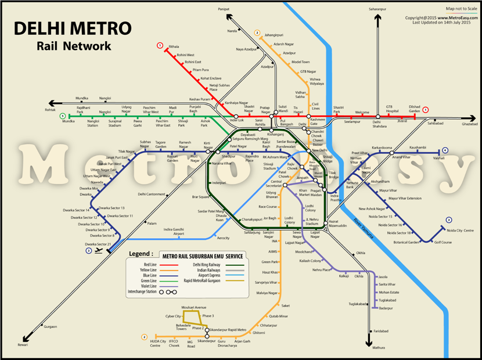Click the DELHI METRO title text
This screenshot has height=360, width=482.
[73, 28]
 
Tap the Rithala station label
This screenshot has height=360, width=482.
[173, 45]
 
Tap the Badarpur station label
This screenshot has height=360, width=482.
[385, 308]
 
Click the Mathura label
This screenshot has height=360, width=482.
[379, 347]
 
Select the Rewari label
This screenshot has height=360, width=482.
[23, 344]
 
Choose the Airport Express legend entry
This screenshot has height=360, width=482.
[204, 276]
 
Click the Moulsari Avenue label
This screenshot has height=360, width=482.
[193, 307]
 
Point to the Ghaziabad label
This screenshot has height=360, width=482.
[469, 124]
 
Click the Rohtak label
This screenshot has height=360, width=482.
[51, 109]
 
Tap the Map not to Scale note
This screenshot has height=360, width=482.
[459, 9]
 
